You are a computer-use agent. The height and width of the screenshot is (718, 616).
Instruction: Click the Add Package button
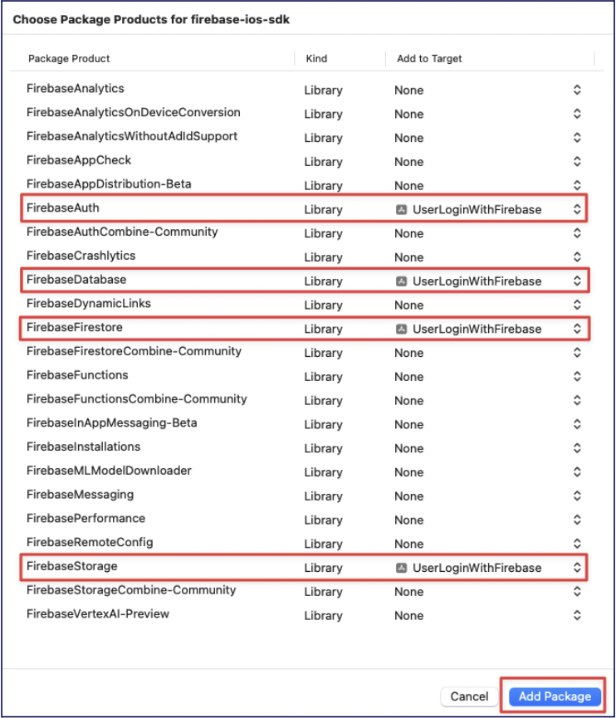click(555, 696)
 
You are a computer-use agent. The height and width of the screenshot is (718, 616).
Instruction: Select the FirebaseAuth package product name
click(63, 208)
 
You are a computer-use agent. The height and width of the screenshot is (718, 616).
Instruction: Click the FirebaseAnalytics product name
click(76, 88)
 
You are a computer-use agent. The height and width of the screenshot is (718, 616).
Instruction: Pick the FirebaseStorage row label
click(72, 566)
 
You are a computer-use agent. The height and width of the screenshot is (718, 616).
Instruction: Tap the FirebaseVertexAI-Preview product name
click(98, 614)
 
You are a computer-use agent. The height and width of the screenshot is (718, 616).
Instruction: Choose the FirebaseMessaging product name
click(80, 495)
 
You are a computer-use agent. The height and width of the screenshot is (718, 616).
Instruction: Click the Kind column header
click(316, 59)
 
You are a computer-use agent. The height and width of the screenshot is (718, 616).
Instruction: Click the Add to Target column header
click(429, 59)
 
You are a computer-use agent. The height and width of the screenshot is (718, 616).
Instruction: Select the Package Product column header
click(69, 59)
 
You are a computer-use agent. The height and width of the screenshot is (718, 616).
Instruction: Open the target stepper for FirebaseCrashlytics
click(577, 257)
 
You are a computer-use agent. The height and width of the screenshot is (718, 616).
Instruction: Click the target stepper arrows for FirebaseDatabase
click(577, 281)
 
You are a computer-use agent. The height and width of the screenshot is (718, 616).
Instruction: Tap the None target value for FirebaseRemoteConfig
click(408, 544)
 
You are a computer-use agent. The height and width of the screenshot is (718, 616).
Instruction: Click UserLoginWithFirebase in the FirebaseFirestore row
click(477, 329)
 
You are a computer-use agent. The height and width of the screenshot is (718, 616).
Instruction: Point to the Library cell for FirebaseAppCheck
click(323, 162)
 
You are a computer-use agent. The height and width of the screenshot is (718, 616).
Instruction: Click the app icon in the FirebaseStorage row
click(402, 568)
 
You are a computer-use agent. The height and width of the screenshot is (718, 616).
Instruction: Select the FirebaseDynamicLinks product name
click(89, 303)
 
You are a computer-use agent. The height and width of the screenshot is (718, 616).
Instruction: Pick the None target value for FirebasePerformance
click(408, 520)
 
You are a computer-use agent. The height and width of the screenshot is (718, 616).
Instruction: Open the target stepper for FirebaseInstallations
click(577, 448)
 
